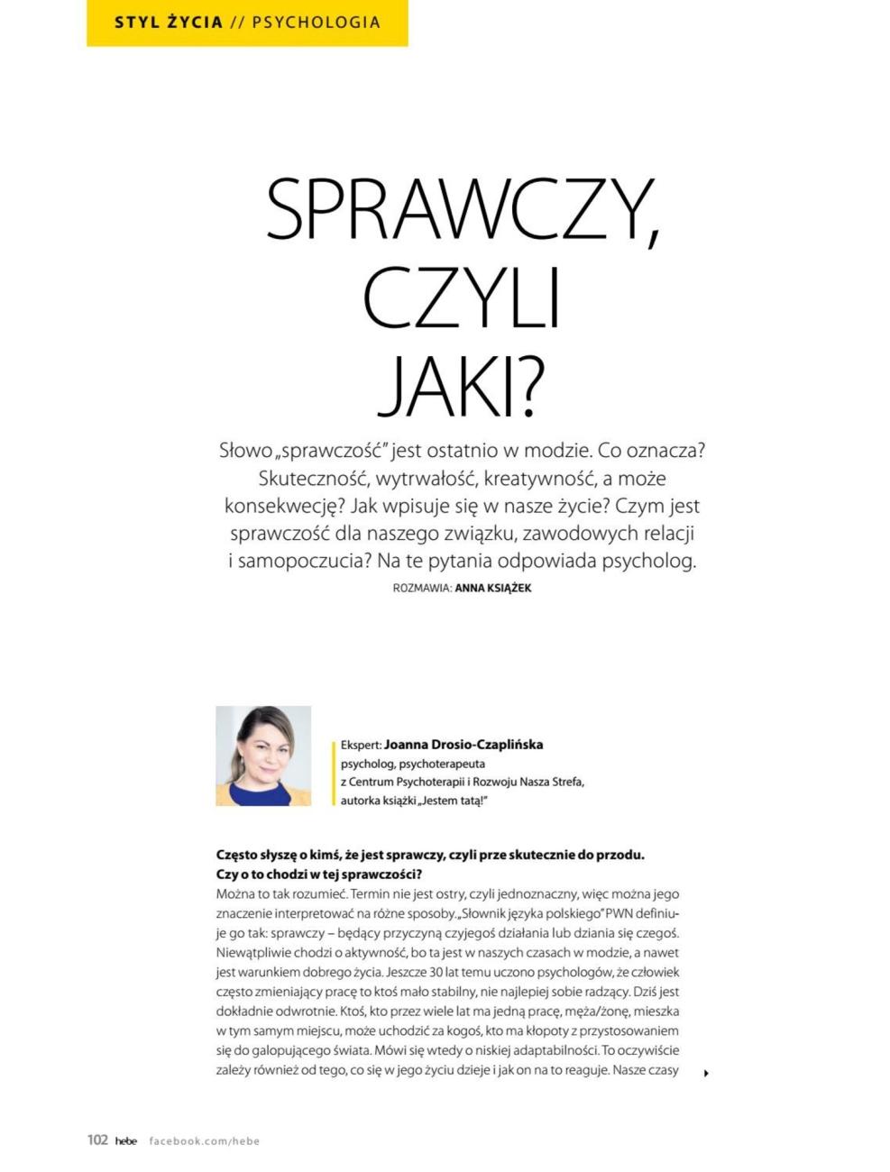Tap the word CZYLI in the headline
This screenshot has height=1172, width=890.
click(462, 298)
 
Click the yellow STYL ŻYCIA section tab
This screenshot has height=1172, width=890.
click(169, 23)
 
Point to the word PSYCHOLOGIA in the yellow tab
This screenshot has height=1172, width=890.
click(317, 23)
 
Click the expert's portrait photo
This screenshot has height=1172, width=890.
click(263, 755)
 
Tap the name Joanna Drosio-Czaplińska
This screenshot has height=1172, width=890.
click(463, 745)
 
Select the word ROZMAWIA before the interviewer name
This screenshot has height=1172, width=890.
click(422, 588)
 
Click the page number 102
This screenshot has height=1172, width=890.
click(97, 1140)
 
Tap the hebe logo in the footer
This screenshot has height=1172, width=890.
click(126, 1140)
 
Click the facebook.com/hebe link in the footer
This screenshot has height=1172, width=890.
click(204, 1140)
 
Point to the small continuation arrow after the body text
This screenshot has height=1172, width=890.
click(706, 1073)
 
